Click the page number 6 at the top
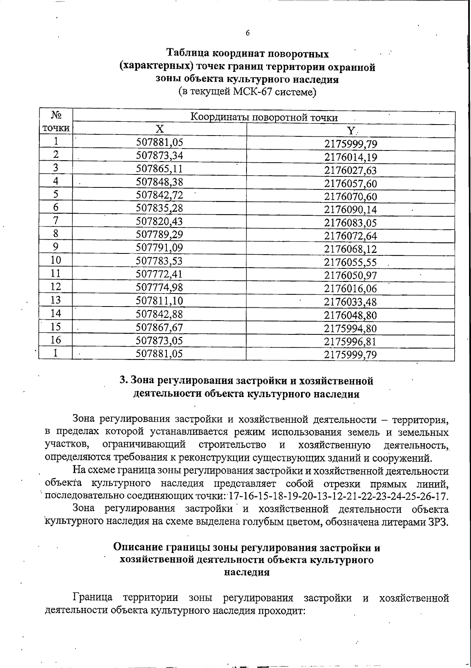click(248, 33)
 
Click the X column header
click(159, 129)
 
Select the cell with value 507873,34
click(159, 156)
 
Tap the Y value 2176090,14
click(351, 209)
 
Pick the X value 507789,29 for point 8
click(159, 235)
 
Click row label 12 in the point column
click(56, 287)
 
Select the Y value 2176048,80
click(351, 315)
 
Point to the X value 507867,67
click(159, 327)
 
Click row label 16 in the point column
click(56, 340)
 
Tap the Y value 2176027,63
click(351, 170)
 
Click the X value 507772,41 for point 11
click(159, 274)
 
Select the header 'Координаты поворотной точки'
click(264, 117)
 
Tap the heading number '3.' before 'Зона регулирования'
click(124, 380)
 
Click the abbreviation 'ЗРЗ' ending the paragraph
click(438, 523)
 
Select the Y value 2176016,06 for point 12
click(351, 289)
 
